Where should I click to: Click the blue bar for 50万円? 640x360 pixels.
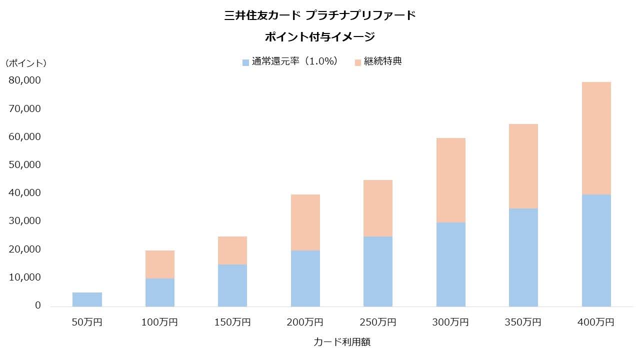pyautogui.click(x=87, y=299)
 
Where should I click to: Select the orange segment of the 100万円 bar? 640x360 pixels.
pyautogui.click(x=160, y=264)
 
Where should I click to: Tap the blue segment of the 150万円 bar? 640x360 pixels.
pyautogui.click(x=232, y=285)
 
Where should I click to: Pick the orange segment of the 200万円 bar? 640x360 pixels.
pyautogui.click(x=305, y=222)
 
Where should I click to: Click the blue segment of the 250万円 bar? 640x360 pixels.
pyautogui.click(x=378, y=271)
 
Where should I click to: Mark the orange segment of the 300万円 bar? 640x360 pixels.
pyautogui.click(x=451, y=180)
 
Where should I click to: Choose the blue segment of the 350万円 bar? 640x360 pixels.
pyautogui.click(x=523, y=257)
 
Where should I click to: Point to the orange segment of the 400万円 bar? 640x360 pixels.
pyautogui.click(x=596, y=138)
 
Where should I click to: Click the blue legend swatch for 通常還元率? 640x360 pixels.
pyautogui.click(x=245, y=62)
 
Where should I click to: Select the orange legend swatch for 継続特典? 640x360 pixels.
pyautogui.click(x=357, y=62)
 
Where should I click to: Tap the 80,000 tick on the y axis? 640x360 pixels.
pyautogui.click(x=24, y=80)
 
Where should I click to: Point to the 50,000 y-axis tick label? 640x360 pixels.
pyautogui.click(x=24, y=164)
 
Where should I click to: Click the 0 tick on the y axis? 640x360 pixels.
pyautogui.click(x=38, y=305)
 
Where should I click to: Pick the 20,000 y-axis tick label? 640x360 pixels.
pyautogui.click(x=24, y=249)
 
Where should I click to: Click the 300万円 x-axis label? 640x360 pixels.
pyautogui.click(x=451, y=322)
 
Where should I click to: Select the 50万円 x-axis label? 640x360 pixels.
pyautogui.click(x=87, y=322)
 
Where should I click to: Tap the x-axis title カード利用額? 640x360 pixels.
pyautogui.click(x=342, y=342)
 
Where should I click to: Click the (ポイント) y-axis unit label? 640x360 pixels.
pyautogui.click(x=26, y=63)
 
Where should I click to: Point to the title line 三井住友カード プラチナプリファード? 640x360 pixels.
pyautogui.click(x=320, y=15)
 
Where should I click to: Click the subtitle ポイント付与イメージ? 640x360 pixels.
pyautogui.click(x=320, y=37)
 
